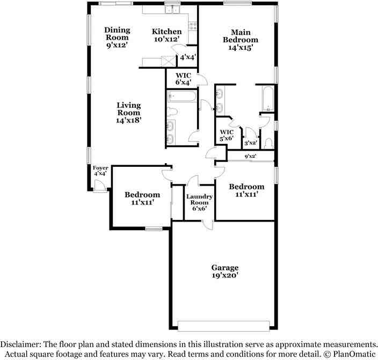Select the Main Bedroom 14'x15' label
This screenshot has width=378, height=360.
tap(240, 40)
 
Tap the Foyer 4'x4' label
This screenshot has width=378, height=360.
tap(101, 171)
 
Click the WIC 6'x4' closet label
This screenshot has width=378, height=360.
tap(183, 79)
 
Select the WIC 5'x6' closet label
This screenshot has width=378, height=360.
tap(227, 135)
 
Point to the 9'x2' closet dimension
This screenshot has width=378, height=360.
tap(250, 157)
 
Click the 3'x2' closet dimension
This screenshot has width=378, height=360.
tap(249, 143)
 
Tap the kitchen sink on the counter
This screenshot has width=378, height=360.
tap(173, 9)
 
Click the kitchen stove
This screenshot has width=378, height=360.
tap(193, 25)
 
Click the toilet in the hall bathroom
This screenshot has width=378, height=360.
tap(172, 112)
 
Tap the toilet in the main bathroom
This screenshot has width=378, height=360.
tap(268, 143)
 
